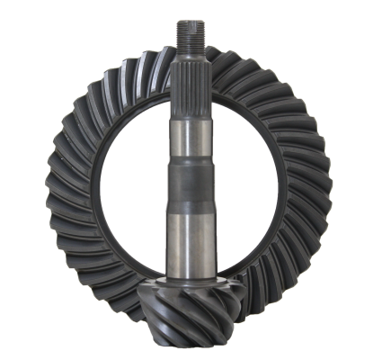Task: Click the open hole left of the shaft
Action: [x=130, y=189]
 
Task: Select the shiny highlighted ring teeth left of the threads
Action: [x=135, y=72]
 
